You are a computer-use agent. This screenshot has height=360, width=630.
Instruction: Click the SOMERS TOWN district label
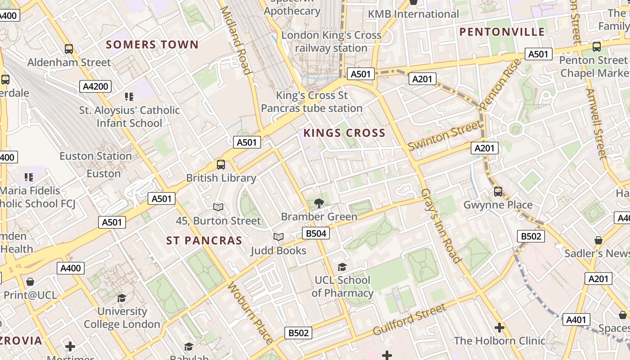tap(152, 45)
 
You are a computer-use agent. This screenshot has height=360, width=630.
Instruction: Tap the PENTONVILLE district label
tap(502, 32)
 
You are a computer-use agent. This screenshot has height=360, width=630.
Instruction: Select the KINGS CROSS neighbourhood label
tap(344, 133)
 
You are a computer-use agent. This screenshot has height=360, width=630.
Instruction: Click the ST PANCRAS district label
tap(204, 241)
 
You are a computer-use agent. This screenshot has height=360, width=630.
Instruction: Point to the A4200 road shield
tap(95, 86)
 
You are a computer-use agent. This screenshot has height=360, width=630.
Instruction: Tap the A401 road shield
tap(576, 320)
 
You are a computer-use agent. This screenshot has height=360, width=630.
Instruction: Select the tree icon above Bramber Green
tap(319, 203)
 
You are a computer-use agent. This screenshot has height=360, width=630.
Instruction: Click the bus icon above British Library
tap(220, 165)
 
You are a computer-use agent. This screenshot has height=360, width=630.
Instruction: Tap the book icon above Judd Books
tap(279, 237)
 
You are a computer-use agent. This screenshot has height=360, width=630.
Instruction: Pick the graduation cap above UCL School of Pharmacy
tap(342, 267)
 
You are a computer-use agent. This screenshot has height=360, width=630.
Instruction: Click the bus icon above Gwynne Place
tap(498, 192)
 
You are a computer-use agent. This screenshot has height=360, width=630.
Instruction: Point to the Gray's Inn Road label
tap(441, 225)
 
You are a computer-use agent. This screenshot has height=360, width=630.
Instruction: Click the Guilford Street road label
tap(409, 320)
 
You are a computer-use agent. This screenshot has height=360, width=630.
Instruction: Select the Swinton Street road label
tap(444, 135)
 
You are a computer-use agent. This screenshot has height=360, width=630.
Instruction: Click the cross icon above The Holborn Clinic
tap(499, 328)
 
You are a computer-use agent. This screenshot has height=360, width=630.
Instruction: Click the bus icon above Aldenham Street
tap(69, 49)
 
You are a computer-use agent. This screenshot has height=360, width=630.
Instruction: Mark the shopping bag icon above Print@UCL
tap(30, 282)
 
